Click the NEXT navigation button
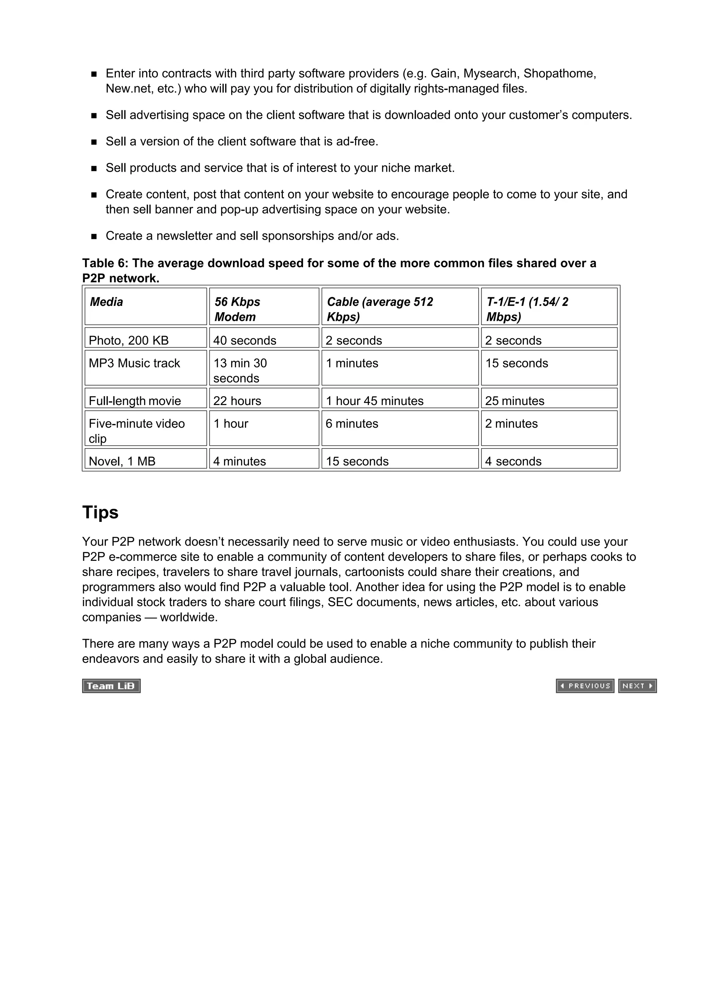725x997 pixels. tap(637, 686)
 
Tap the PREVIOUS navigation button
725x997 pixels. tap(585, 686)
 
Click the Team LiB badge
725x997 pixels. tap(111, 686)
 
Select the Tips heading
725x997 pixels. tap(100, 513)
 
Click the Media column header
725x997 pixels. tap(107, 302)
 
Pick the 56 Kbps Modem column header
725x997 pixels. tap(238, 309)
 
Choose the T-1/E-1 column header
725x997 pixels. tap(527, 309)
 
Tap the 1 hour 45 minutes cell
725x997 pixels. tap(375, 401)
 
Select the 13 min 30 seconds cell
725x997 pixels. tap(240, 371)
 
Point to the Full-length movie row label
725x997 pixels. tap(135, 401)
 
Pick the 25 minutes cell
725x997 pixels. tap(514, 401)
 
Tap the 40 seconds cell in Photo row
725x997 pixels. tap(245, 341)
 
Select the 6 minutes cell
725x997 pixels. tap(352, 424)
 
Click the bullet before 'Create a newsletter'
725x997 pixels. tap(94, 237)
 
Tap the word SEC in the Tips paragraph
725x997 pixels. tap(340, 602)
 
